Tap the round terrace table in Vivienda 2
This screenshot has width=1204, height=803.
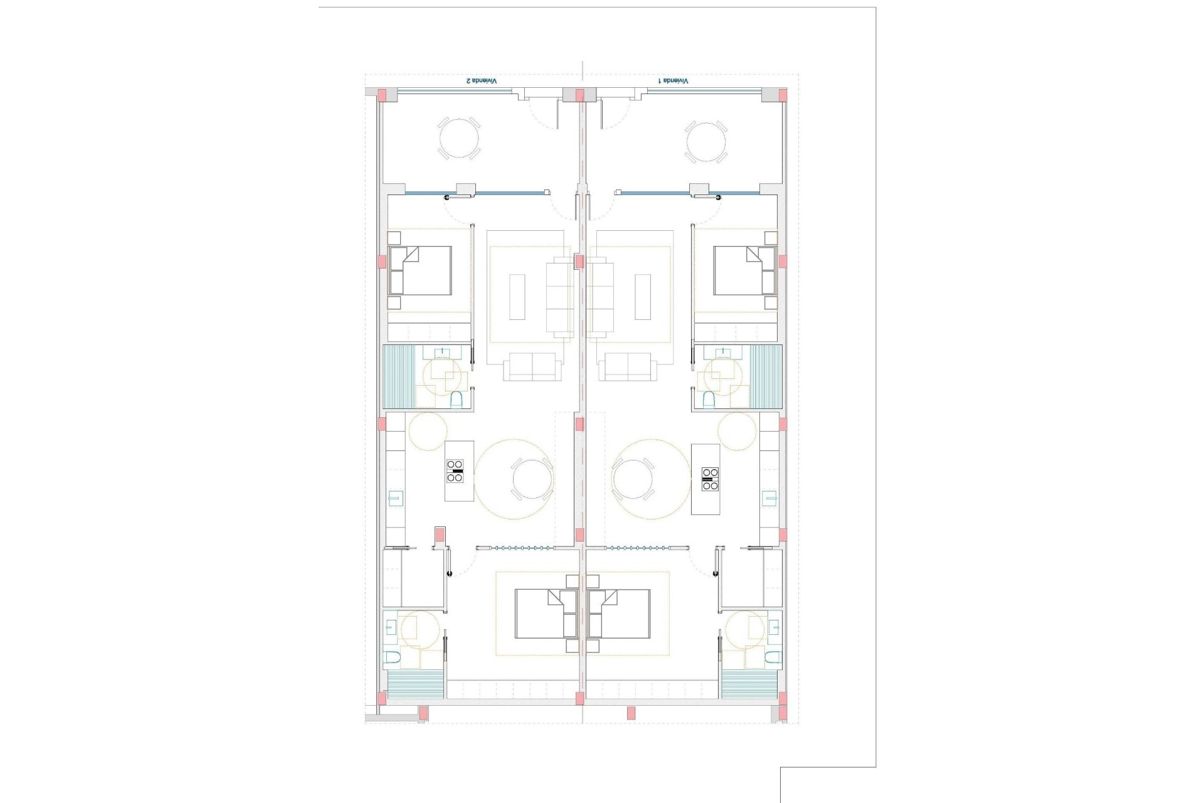[458, 139]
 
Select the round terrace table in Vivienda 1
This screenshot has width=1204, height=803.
[706, 139]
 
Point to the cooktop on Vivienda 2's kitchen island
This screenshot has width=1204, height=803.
[455, 471]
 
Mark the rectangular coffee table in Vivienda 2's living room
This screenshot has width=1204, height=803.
[517, 297]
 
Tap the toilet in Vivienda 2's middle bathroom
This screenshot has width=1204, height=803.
[457, 399]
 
